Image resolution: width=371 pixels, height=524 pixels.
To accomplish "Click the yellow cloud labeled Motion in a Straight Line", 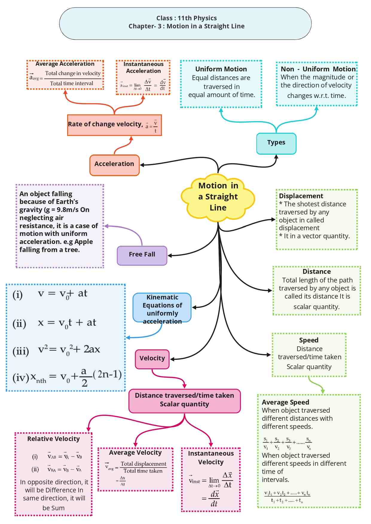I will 218,197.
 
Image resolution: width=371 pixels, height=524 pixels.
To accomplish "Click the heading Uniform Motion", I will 221,69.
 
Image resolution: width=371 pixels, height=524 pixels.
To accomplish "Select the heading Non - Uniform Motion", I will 318,69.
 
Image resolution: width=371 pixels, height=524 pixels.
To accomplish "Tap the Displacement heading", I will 301,196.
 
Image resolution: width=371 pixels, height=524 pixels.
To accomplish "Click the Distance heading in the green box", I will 317,272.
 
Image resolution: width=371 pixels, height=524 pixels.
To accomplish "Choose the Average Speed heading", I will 285,402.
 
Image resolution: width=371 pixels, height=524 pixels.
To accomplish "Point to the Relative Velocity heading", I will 54,439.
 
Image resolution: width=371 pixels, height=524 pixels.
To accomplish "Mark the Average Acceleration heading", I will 65,64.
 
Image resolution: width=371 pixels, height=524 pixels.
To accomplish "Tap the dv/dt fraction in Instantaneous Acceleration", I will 163,85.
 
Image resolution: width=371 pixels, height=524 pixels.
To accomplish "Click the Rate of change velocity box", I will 114,125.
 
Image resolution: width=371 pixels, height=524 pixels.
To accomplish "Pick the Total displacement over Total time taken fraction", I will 143,467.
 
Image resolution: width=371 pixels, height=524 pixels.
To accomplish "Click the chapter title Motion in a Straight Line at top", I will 187,26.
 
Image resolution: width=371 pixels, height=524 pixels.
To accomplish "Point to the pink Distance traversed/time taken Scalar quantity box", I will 184,400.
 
